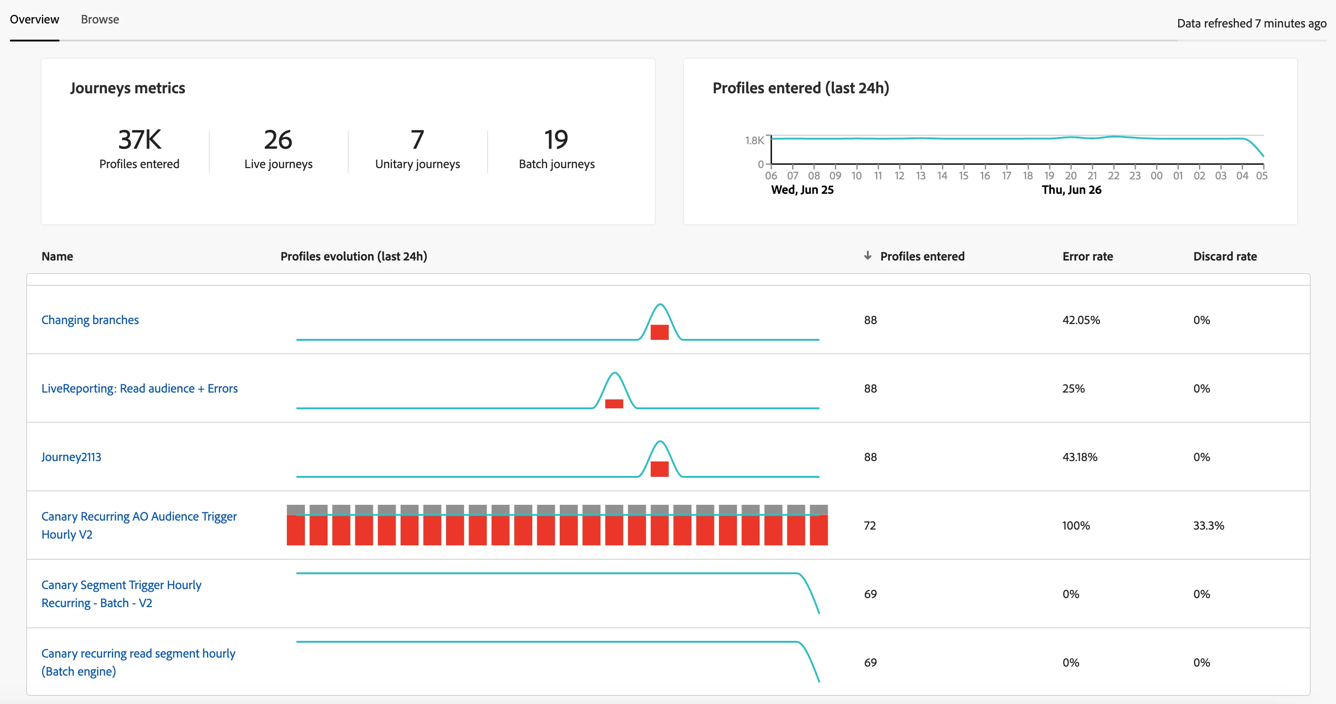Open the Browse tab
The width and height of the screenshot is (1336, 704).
coord(100,20)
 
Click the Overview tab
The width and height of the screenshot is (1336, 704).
coord(34,20)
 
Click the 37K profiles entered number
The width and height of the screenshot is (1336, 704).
coord(139,140)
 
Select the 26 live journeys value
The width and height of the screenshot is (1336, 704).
coord(278,140)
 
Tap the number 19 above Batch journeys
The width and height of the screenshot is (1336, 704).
coord(556,140)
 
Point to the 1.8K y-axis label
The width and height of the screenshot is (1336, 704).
coord(754,141)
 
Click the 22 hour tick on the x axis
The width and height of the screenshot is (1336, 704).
coord(1114,176)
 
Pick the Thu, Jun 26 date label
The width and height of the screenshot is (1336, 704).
coord(1072,190)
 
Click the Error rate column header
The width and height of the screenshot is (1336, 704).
coord(1087,256)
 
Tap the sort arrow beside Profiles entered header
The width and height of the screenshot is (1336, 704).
coord(868,256)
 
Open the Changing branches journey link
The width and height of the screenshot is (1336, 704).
coord(90,320)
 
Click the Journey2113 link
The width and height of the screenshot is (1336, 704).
coord(72,457)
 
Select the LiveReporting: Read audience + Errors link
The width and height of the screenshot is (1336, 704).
coord(139,389)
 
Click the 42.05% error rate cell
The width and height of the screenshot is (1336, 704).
coord(1081,320)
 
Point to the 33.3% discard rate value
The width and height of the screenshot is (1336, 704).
coord(1208,526)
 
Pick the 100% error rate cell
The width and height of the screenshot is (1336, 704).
coord(1076,526)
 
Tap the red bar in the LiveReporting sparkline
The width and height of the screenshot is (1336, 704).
coord(614,404)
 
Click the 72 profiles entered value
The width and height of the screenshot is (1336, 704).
coord(870,526)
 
